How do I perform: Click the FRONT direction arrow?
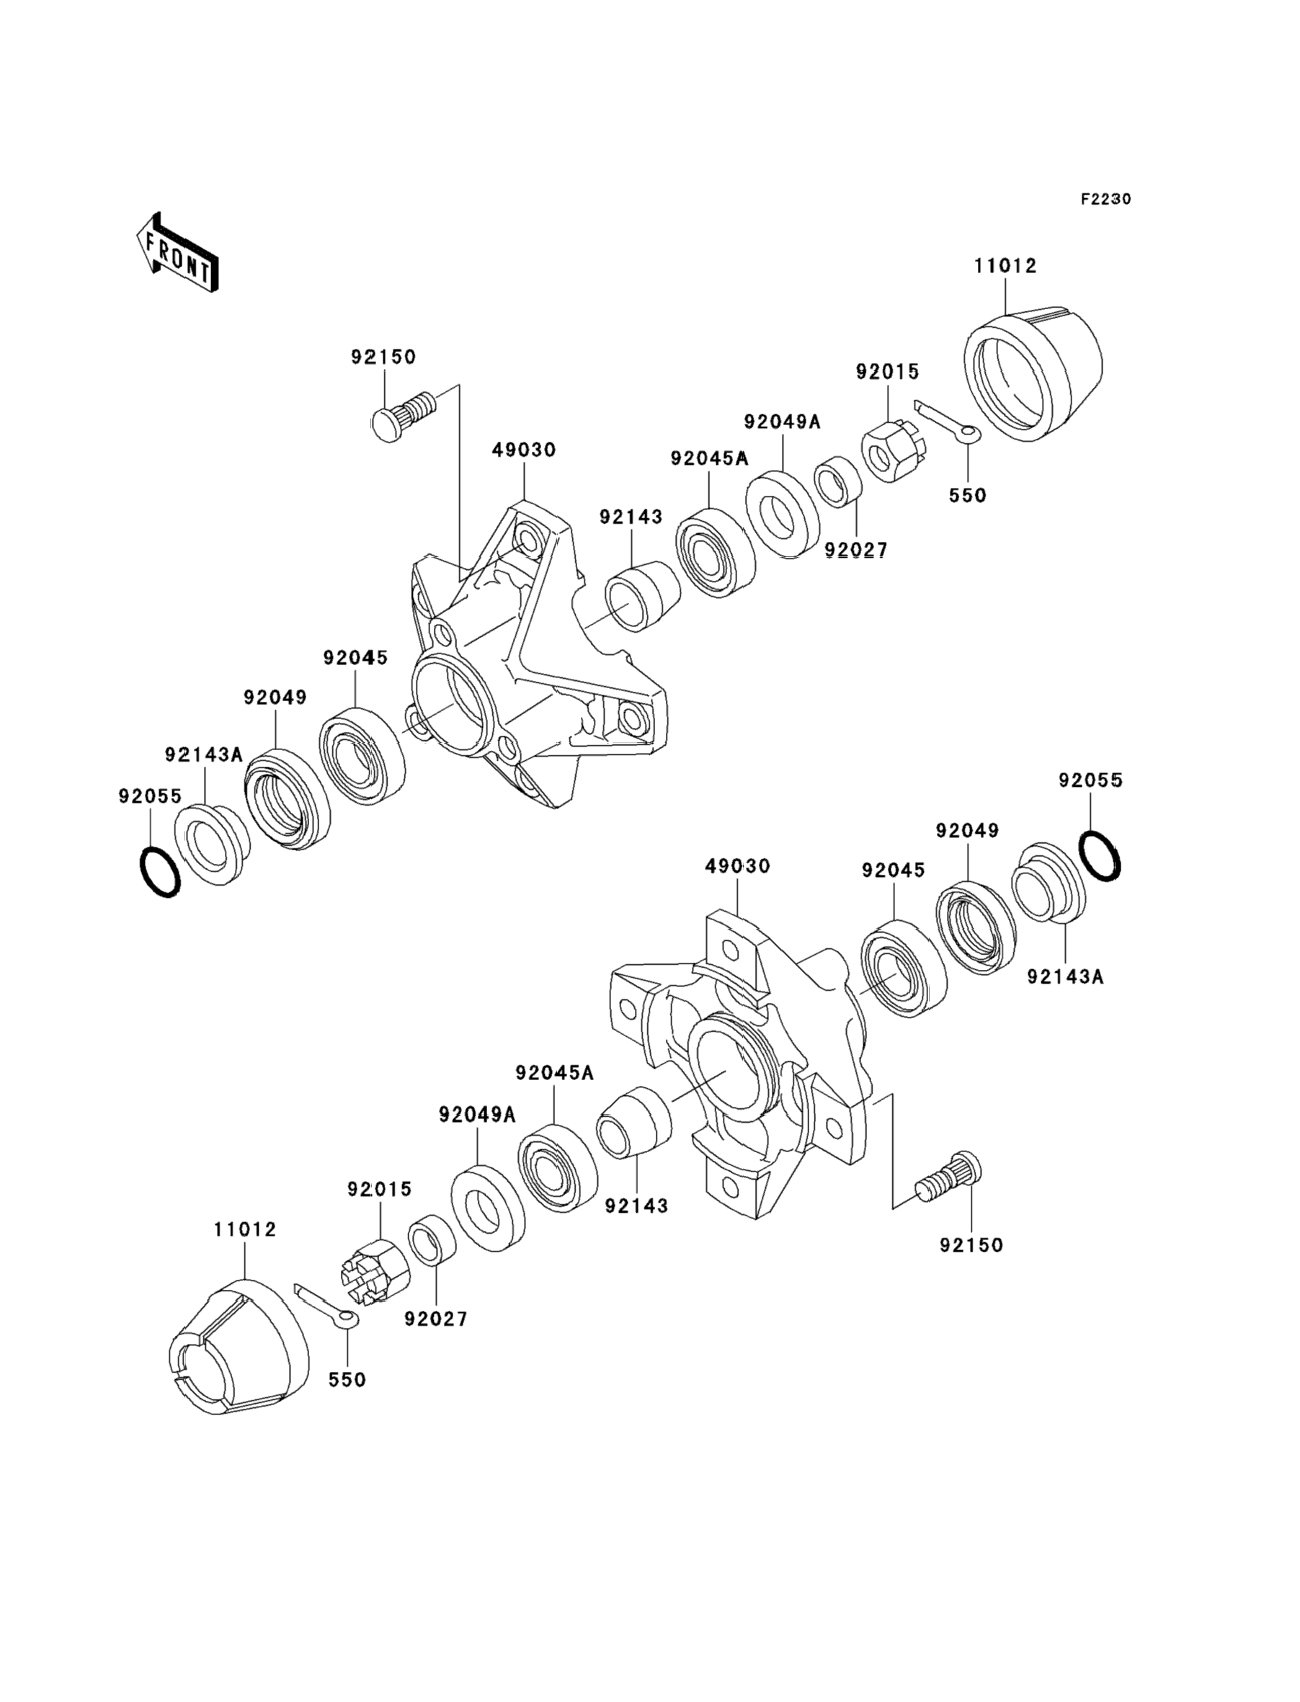tap(177, 252)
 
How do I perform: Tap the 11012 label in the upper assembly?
tap(1005, 266)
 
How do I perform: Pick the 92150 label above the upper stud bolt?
tap(383, 357)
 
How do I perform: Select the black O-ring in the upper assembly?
tap(159, 872)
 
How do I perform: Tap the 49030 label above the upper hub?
tap(524, 450)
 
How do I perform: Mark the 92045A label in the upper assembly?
tap(710, 459)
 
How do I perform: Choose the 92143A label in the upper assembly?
tap(203, 754)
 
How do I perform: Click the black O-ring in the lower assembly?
tap(1099, 855)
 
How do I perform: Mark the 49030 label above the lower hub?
tap(737, 866)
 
